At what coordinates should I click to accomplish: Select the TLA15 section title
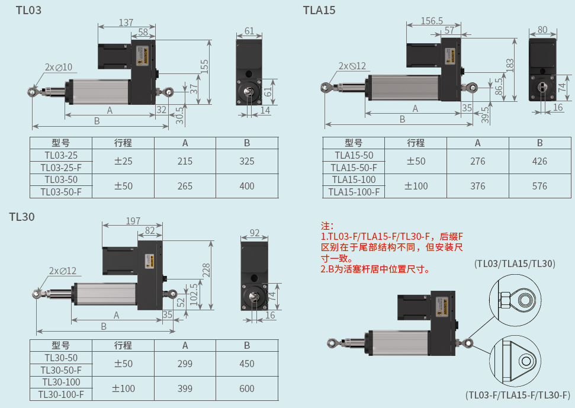319,10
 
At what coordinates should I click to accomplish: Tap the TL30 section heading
22,217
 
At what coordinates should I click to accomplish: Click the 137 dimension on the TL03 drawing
126,23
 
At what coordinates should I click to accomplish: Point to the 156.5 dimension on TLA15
432,20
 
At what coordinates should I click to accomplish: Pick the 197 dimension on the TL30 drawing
133,221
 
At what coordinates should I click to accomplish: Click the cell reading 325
247,161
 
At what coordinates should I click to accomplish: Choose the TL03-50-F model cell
61,192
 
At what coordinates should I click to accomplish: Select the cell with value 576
539,186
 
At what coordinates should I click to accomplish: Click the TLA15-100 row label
354,179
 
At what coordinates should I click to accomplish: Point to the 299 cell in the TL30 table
185,364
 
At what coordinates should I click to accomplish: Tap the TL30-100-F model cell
61,394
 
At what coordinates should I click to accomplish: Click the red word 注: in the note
327,226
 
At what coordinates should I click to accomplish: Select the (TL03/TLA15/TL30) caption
515,264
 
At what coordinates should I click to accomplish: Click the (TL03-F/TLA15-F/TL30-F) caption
518,394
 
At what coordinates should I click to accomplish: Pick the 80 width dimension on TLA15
542,30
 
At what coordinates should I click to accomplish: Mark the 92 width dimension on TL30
255,233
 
